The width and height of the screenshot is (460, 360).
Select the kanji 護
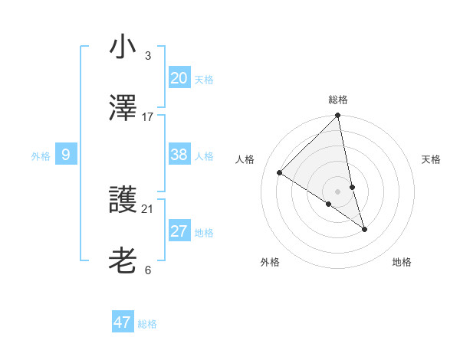pyautogui.click(x=123, y=199)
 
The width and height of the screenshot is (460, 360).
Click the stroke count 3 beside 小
pyautogui.click(x=147, y=55)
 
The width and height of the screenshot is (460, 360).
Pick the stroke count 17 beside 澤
pyautogui.click(x=148, y=116)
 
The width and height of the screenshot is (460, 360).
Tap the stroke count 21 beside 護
pyautogui.click(x=148, y=208)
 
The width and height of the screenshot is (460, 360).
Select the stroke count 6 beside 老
pyautogui.click(x=147, y=270)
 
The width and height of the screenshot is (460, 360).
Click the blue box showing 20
pyautogui.click(x=179, y=77)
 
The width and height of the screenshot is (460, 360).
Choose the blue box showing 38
pyautogui.click(x=179, y=155)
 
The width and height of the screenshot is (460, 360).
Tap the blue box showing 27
pyautogui.click(x=179, y=231)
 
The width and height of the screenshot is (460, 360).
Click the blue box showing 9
pyautogui.click(x=66, y=155)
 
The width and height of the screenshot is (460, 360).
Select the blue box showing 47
pyautogui.click(x=122, y=322)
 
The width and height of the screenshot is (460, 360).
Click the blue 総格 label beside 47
pyautogui.click(x=147, y=324)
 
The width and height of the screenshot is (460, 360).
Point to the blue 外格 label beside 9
pyautogui.click(x=41, y=156)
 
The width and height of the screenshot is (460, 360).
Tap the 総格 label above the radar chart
pyautogui.click(x=338, y=100)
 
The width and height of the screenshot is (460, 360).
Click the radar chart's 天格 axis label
pyautogui.click(x=431, y=159)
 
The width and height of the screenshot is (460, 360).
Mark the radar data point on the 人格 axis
pyautogui.click(x=280, y=173)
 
